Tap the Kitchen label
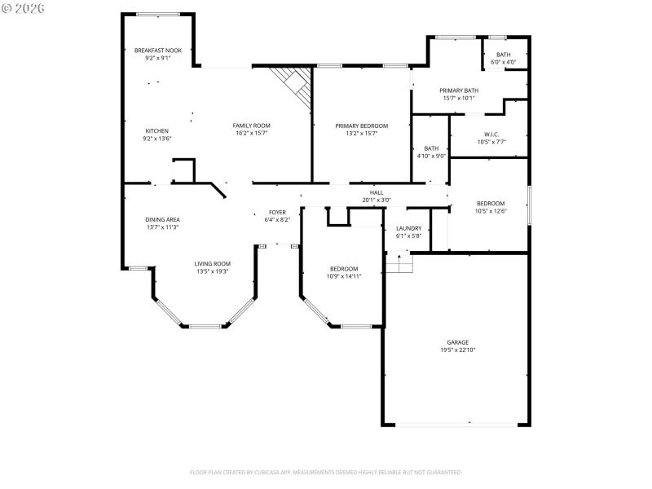point(157,131)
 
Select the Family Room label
point(251,126)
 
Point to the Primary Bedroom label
point(362,126)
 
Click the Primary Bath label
point(459,90)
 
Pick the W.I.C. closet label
point(491,134)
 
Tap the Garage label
point(457,342)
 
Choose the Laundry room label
point(408,228)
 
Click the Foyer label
point(277,212)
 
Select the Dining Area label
point(163,219)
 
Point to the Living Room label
point(212,263)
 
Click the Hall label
point(377,192)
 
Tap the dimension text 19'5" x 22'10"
point(457,350)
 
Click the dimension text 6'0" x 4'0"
point(504,62)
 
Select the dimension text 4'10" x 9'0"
point(431,156)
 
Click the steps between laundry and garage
point(399,263)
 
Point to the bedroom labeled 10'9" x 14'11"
point(344,272)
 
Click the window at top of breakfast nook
point(158,14)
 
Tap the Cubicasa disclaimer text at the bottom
point(326,472)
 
